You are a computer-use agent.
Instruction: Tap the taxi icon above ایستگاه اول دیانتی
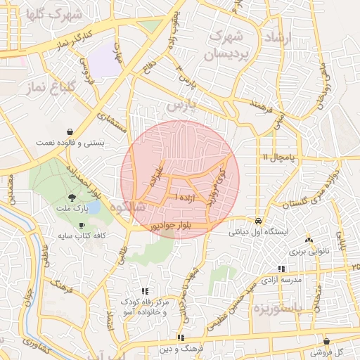259,219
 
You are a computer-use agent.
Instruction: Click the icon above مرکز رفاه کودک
146,290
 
